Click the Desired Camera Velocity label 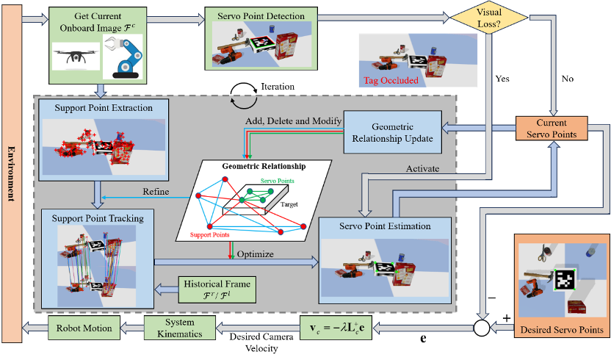pos(260,343)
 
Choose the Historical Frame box pos(217,289)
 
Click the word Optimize pos(255,254)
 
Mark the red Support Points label pos(211,234)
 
